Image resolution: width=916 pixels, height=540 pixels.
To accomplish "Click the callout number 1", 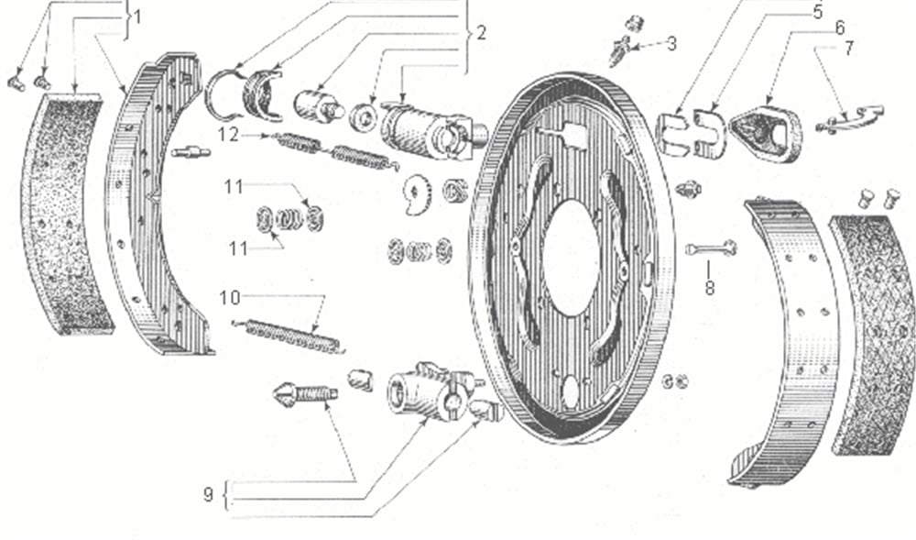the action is coord(137,17).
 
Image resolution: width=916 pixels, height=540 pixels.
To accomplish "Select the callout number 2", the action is coord(481,33).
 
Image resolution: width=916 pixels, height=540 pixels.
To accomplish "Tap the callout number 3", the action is coord(671,44).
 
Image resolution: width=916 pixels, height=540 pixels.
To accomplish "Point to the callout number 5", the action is coord(818,12).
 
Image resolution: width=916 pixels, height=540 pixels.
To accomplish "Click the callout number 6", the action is coord(839,28).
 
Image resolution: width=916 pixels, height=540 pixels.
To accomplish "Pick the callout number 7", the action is coord(849,49).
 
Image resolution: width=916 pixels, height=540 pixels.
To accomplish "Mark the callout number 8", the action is coord(709,288).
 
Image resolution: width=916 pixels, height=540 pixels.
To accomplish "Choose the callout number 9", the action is coord(209,495).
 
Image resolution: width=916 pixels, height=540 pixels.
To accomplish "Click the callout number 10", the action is coord(230,298).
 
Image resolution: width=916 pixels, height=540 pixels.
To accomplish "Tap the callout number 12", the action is coord(228,135).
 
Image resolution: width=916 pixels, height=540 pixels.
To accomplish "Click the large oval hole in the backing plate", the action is coord(571,258).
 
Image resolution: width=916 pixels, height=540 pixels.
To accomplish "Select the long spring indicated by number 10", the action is coord(289,336).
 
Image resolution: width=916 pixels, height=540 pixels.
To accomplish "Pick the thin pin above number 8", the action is coord(711,248).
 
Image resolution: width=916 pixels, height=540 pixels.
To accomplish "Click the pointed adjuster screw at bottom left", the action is coord(305,393).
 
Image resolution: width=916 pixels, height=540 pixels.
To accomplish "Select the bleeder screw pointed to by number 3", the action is coord(620,50).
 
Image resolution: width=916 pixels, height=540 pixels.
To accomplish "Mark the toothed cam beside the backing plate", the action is coord(417,195).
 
